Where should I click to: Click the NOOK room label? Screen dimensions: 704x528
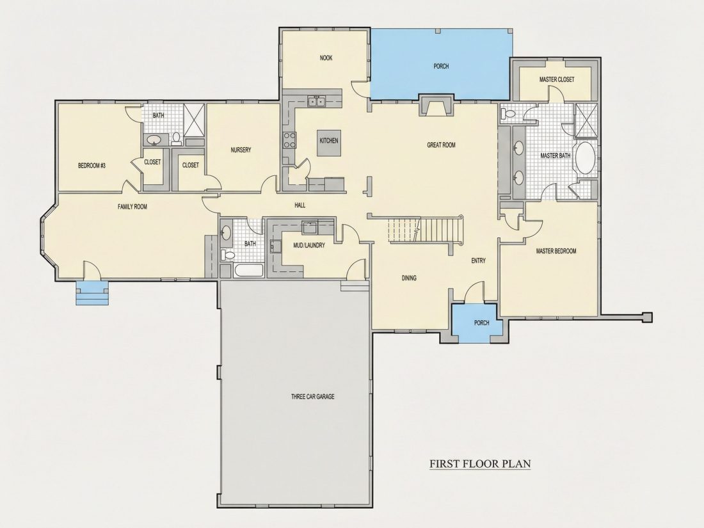(326, 58)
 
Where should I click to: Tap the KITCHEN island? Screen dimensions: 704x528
(329, 143)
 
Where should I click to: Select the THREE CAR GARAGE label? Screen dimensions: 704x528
(312, 396)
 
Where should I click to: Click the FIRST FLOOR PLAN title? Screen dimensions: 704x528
(480, 463)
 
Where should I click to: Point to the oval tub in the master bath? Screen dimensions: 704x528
(586, 157)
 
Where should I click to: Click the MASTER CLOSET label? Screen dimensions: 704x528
(557, 79)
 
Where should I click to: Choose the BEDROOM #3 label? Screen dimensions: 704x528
(92, 166)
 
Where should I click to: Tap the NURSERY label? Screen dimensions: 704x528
(241, 150)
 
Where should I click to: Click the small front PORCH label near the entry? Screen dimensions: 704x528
(482, 323)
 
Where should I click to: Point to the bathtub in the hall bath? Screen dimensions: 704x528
(248, 271)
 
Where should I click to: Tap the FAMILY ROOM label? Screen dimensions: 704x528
(132, 207)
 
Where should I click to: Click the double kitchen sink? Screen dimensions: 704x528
(317, 102)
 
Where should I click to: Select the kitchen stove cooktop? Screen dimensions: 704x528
(289, 140)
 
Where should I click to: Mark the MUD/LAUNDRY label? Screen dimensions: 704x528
(309, 246)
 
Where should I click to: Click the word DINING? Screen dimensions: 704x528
(409, 278)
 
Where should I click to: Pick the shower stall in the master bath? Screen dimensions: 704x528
(586, 120)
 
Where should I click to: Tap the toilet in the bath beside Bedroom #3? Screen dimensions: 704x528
(176, 138)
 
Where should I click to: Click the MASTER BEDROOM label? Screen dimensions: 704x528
(556, 251)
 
